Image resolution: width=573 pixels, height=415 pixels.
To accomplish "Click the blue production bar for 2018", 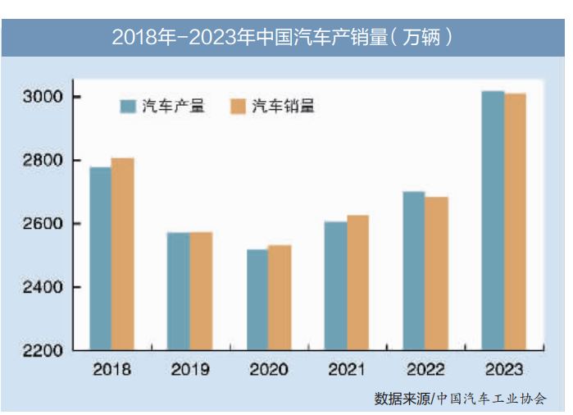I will click(101, 258).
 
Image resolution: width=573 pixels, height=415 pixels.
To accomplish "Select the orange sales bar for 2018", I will click(122, 253).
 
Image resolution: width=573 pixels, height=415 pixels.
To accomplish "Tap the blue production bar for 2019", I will click(179, 291).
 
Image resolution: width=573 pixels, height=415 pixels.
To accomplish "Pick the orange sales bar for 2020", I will click(280, 298).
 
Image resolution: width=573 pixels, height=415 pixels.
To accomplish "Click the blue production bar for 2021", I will click(335, 285).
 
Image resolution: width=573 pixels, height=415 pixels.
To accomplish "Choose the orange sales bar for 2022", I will click(436, 273).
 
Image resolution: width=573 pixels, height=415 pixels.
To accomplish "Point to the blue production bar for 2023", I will click(493, 221).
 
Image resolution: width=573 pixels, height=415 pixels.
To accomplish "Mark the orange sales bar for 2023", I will click(515, 221).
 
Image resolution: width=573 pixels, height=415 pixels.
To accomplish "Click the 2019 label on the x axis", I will click(190, 370).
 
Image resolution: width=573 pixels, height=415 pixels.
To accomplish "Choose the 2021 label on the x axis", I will click(347, 370).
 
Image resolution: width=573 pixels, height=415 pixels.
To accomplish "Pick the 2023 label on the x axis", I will click(504, 370).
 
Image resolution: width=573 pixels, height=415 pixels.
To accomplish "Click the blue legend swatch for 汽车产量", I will click(128, 106).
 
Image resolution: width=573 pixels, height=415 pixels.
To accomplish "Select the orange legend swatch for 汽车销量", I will click(238, 106).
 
